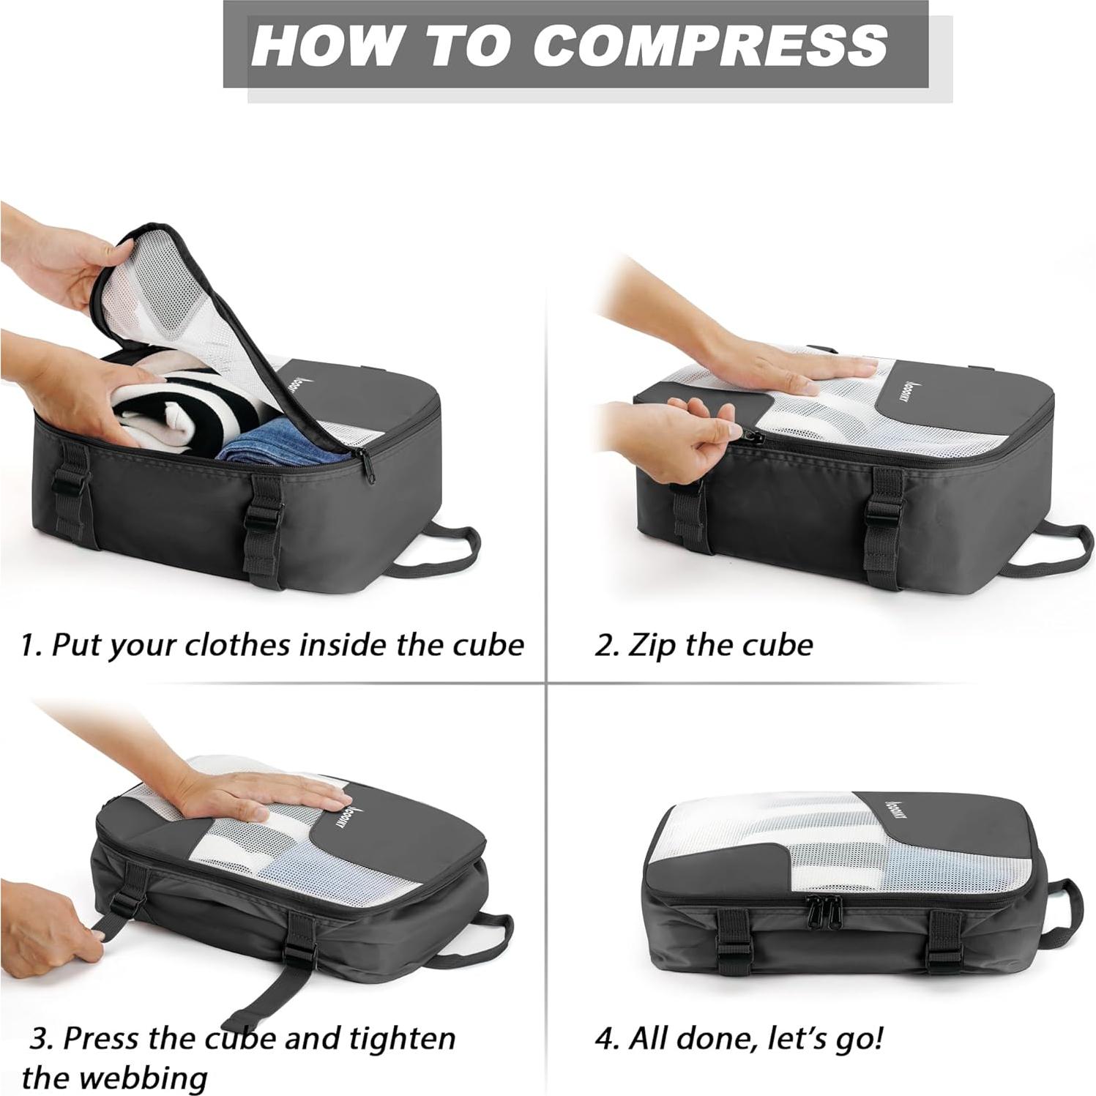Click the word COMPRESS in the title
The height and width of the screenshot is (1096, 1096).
coord(709,45)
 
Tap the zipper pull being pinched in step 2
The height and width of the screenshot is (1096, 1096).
coord(753,439)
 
